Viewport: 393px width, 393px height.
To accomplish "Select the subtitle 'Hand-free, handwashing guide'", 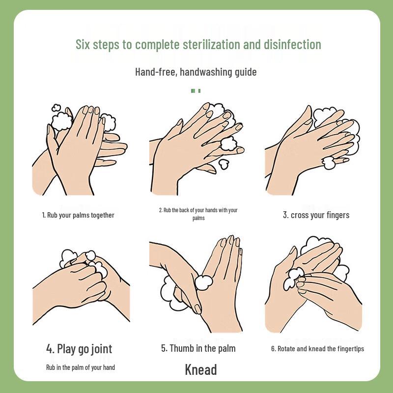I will pyautogui.click(x=196, y=72).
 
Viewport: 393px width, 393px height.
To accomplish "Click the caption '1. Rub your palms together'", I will pyautogui.click(x=78, y=215).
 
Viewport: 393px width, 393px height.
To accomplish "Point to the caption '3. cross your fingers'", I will pyautogui.click(x=316, y=215).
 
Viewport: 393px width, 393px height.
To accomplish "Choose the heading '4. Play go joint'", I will pyautogui.click(x=79, y=349).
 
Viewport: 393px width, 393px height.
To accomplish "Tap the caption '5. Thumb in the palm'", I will pyautogui.click(x=198, y=348).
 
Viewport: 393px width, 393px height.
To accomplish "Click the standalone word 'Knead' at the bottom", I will pyautogui.click(x=201, y=369).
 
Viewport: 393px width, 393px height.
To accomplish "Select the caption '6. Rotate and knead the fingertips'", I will pyautogui.click(x=317, y=349).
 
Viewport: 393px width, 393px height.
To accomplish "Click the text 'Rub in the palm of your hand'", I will pyautogui.click(x=81, y=367).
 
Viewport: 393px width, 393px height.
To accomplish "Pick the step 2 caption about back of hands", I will pyautogui.click(x=198, y=214).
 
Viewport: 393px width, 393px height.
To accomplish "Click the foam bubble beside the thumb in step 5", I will pyautogui.click(x=203, y=282).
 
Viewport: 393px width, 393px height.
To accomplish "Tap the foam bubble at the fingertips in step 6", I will pyautogui.click(x=294, y=277).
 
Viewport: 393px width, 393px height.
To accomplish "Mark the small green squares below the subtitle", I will pyautogui.click(x=196, y=90).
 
